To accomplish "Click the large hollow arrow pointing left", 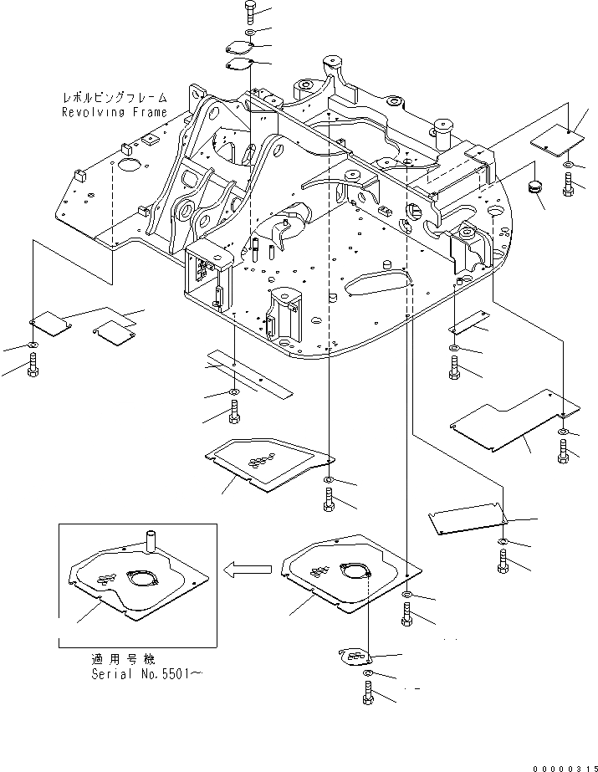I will (248, 570).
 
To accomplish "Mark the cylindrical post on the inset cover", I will (152, 537).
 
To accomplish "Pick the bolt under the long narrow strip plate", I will (233, 412).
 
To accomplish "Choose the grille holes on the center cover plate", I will (266, 457).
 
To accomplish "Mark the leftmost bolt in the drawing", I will (33, 363).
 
